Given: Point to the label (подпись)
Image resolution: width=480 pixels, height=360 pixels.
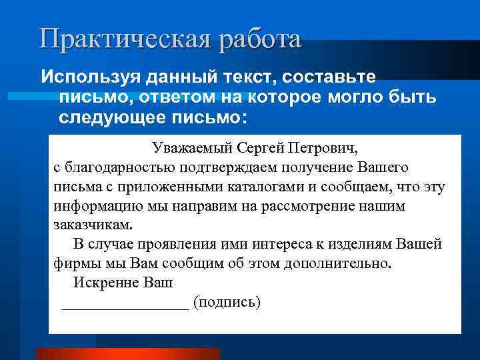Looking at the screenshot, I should point(227,302).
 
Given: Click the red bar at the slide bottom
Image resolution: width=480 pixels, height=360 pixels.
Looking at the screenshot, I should point(127,353).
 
